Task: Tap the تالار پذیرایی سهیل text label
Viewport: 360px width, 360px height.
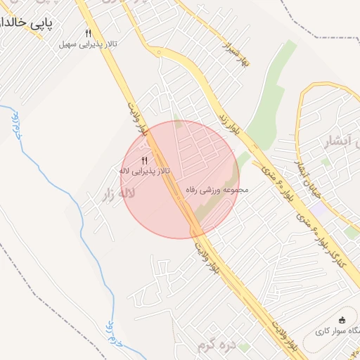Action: coord(87,44)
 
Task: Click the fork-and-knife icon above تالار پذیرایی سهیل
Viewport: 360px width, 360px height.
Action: coord(88,33)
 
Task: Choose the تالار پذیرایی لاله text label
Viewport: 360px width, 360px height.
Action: coord(143,171)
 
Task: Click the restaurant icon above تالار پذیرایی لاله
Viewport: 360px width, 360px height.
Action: coord(144,160)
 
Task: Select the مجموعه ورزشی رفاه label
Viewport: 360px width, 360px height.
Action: coord(217,189)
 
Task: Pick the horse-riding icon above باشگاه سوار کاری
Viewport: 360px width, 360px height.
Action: coord(342,319)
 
